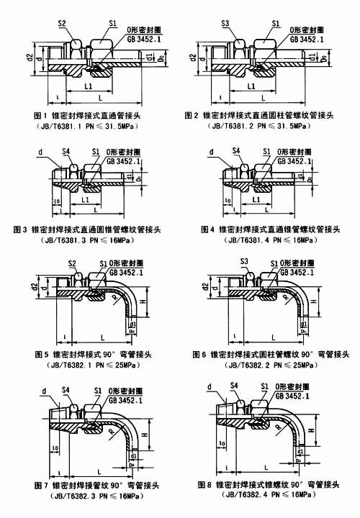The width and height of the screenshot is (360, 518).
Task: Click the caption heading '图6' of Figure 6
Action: coord(199,355)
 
